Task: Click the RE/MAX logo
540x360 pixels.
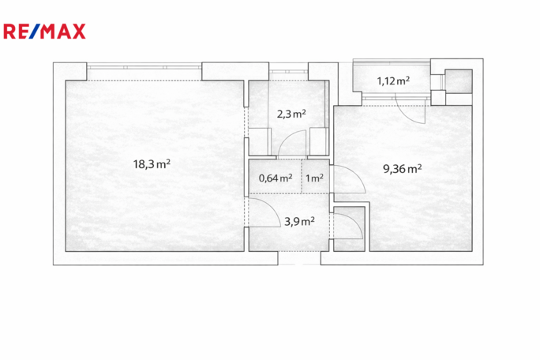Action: point(44,32)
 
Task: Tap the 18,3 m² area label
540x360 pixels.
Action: point(152,164)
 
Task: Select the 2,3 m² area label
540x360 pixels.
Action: point(291,114)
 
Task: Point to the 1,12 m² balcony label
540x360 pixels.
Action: point(393,81)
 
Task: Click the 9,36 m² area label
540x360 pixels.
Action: point(403,168)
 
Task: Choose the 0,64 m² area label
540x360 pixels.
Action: point(276,178)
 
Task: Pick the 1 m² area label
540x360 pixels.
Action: point(314,178)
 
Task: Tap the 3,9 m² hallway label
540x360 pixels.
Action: point(299,221)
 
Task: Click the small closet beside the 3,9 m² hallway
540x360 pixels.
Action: point(349,229)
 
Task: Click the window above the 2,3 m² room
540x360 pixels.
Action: point(288,71)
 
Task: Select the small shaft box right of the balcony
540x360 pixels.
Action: point(459,81)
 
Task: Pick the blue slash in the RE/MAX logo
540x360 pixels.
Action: point(35,32)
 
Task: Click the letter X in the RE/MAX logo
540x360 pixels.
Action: point(78,32)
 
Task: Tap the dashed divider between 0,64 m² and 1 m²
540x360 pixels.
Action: point(302,176)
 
